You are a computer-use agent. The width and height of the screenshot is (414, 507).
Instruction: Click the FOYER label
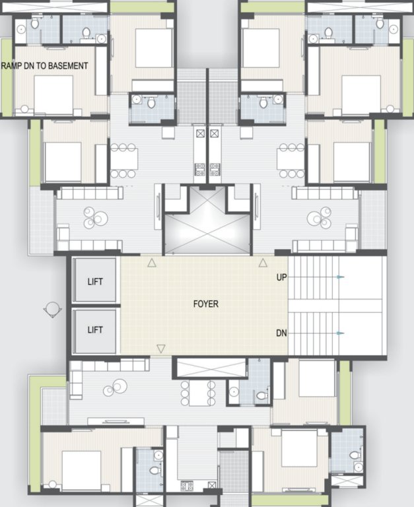click(206, 304)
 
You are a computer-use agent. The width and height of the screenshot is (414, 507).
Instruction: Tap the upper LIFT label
click(95, 282)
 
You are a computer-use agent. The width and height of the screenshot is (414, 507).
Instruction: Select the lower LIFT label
click(95, 330)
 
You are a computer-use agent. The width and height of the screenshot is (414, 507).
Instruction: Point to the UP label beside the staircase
click(281, 278)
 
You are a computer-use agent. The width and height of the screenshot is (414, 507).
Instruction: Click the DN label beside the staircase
click(281, 333)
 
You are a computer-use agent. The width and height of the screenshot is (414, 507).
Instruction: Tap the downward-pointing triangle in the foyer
click(160, 348)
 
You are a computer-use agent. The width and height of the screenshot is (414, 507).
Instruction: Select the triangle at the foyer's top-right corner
click(263, 263)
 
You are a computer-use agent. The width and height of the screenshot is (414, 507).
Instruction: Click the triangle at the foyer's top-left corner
click(152, 263)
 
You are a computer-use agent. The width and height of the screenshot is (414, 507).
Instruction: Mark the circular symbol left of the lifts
click(52, 310)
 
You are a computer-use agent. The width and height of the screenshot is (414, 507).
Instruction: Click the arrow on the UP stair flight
click(339, 277)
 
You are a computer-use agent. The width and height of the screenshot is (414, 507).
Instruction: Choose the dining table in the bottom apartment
click(198, 393)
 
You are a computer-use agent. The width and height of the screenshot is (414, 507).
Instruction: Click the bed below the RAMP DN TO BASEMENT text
click(53, 95)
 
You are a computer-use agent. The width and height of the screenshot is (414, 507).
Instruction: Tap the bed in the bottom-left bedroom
click(81, 469)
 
